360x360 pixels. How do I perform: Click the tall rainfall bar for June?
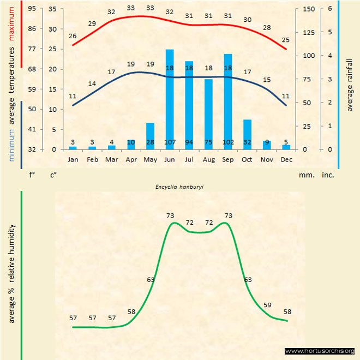(x=170, y=98)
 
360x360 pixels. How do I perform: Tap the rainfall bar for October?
(x=248, y=134)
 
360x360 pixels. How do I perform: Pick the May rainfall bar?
(x=151, y=136)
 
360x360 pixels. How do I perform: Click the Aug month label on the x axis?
(x=208, y=159)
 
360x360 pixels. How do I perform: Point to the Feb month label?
(x=92, y=159)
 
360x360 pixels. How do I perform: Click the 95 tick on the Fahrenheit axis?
(x=32, y=9)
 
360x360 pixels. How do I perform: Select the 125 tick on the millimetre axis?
(x=309, y=32)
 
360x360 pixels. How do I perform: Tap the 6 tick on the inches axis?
(x=330, y=9)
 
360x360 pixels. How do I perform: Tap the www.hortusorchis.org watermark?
(x=320, y=351)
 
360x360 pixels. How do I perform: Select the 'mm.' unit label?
(x=305, y=176)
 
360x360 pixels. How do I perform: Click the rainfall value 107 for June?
(x=170, y=143)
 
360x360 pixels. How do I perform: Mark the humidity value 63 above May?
(x=151, y=280)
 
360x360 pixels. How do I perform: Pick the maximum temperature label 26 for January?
(x=73, y=36)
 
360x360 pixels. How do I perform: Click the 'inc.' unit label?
(x=328, y=176)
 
